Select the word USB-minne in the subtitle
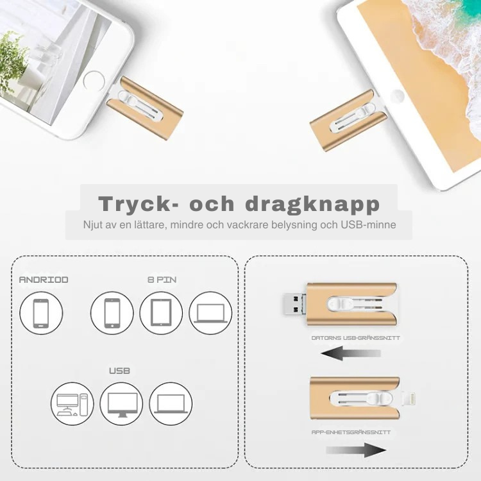point(368,225)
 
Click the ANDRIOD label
point(44,280)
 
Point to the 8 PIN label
point(162,280)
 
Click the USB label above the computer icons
point(120,371)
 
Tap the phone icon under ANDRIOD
point(41,313)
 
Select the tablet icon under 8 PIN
point(161,313)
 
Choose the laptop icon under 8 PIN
point(210,313)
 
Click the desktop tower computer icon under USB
point(72,404)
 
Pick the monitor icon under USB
point(121,404)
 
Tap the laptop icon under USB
point(171,404)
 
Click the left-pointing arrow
point(351,353)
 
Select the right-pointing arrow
point(356,450)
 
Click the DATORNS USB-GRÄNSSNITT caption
point(355,338)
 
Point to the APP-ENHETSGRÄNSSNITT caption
point(351,432)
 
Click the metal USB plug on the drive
point(294,303)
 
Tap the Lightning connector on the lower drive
point(408,398)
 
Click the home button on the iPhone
point(94,81)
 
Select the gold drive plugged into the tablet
point(349,121)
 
